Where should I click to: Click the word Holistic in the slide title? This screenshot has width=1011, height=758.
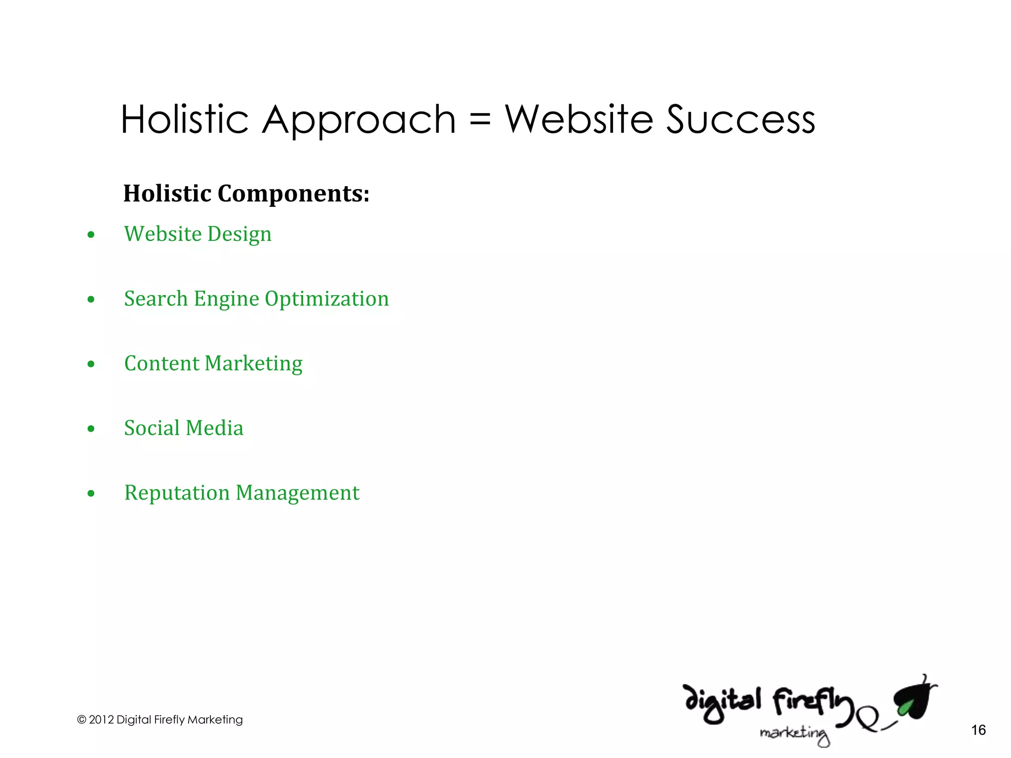pyautogui.click(x=185, y=119)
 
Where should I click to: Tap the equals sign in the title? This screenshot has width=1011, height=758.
pyautogui.click(x=480, y=120)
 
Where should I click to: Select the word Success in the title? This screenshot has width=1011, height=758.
pyautogui.click(x=740, y=120)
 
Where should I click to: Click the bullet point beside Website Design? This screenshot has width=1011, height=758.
pyautogui.click(x=91, y=235)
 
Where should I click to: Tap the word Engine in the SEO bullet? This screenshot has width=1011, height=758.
pyautogui.click(x=226, y=299)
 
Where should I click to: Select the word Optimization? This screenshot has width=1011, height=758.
pyautogui.click(x=327, y=299)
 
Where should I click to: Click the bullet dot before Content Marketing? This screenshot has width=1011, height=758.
pyautogui.click(x=91, y=364)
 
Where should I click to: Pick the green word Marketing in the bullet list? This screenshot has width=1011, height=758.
pyautogui.click(x=254, y=364)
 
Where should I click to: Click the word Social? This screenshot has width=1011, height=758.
pyautogui.click(x=152, y=428)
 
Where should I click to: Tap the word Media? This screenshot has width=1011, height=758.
pyautogui.click(x=214, y=428)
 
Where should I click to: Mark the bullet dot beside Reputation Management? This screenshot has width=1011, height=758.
pyautogui.click(x=91, y=493)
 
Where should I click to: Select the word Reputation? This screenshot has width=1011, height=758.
pyautogui.click(x=177, y=493)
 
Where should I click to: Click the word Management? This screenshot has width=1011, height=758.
pyautogui.click(x=298, y=493)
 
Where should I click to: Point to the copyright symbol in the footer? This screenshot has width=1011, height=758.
pyautogui.click(x=81, y=720)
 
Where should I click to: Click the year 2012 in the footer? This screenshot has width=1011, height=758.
pyautogui.click(x=101, y=720)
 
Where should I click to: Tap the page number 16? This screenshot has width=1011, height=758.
pyautogui.click(x=978, y=730)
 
